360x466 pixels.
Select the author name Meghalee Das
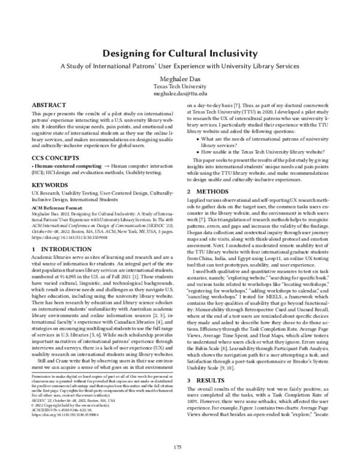click(x=180, y=77)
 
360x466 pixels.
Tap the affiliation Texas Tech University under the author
click(x=180, y=86)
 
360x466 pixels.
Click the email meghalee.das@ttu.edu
click(x=180, y=94)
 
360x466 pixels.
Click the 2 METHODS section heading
click(x=207, y=175)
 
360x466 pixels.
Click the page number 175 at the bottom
click(x=178, y=446)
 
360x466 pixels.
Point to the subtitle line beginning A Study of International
click(x=180, y=65)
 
